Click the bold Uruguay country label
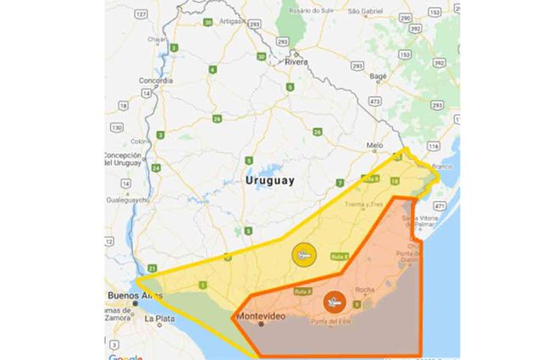tap(269, 181)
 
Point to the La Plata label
tap(158, 319)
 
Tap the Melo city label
tap(374, 146)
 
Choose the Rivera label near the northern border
tap(296, 62)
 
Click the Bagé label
tap(378, 76)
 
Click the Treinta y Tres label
tap(363, 204)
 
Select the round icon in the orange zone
tap(334, 301)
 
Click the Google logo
tap(124, 357)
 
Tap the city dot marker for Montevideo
tap(261, 324)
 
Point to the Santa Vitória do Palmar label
tap(433, 222)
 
